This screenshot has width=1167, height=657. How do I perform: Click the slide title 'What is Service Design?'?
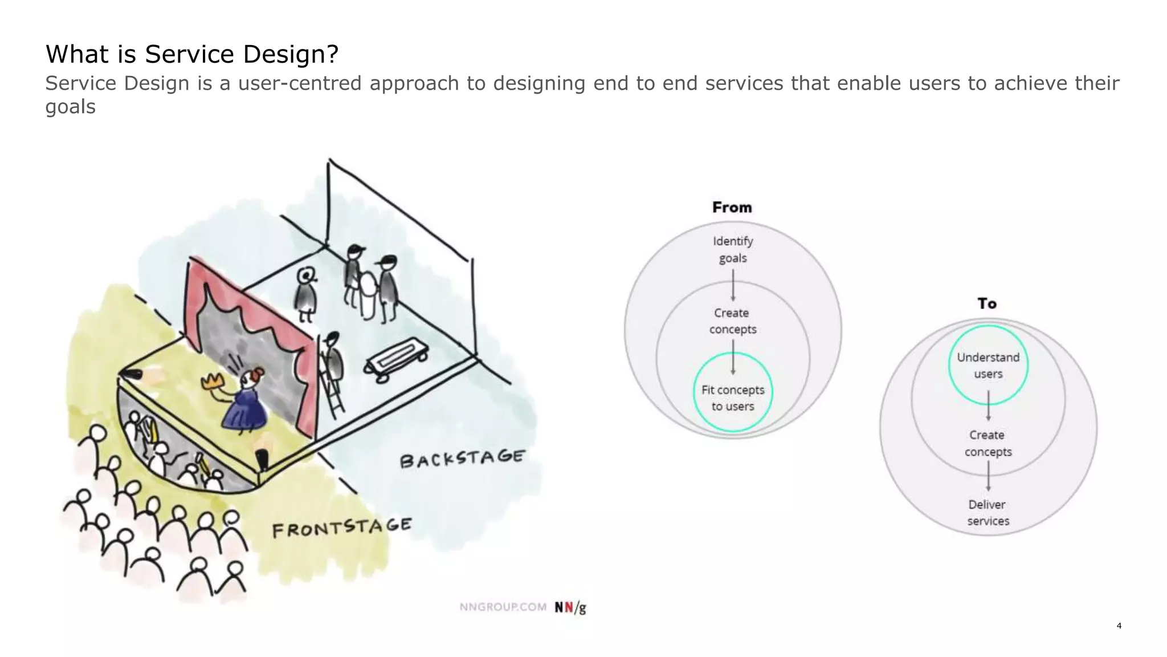tap(192, 55)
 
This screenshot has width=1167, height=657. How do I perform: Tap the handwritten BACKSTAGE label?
tap(462, 458)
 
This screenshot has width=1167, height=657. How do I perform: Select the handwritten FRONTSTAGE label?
tap(341, 528)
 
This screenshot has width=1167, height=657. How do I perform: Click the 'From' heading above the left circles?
tap(732, 208)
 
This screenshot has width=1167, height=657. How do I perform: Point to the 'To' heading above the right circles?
tap(987, 303)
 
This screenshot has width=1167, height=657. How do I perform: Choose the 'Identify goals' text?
tap(733, 250)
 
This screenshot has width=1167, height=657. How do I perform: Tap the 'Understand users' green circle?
tap(988, 365)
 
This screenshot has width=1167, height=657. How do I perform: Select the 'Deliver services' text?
tap(988, 513)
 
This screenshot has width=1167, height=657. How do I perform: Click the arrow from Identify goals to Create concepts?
tap(733, 285)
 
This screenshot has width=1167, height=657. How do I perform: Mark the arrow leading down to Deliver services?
tap(988, 476)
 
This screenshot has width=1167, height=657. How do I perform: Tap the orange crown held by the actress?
tap(214, 381)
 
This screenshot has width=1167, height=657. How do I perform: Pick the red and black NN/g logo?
tap(570, 607)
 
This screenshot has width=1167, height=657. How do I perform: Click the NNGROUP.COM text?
tap(503, 607)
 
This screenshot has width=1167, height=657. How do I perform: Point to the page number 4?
tap(1119, 626)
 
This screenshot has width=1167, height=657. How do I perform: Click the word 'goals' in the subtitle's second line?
tap(70, 107)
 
